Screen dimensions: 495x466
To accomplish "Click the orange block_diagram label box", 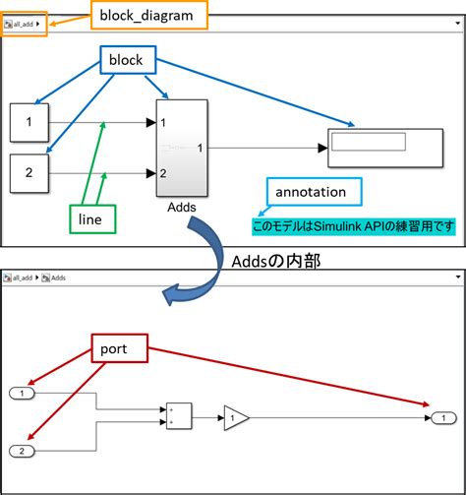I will (x=150, y=16).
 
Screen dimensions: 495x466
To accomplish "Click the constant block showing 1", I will (x=29, y=123).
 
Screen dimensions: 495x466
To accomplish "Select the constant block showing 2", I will (x=29, y=173).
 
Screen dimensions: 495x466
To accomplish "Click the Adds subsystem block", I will (x=180, y=148).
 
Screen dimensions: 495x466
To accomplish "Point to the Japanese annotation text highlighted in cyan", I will (x=354, y=227).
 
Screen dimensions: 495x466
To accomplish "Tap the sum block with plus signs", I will (x=179, y=416).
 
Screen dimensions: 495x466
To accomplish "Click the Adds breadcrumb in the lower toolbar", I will (x=58, y=278).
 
